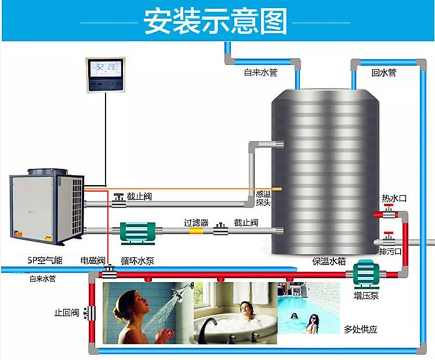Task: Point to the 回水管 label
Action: click(383, 73)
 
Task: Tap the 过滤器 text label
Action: click(195, 220)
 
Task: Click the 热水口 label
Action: click(393, 199)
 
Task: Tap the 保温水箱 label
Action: click(321, 261)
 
